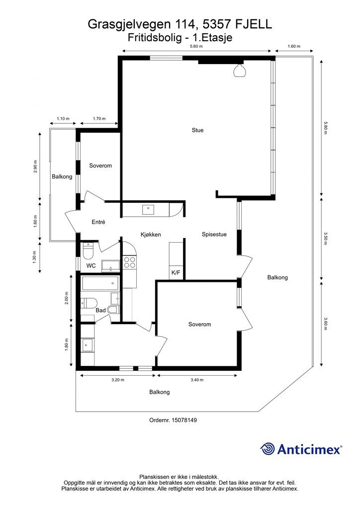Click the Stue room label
click(197, 130)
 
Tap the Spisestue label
click(214, 235)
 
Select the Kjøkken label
click(150, 235)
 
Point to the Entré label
click(98, 222)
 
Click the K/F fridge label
click(176, 273)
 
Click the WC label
click(91, 266)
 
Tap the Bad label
click(100, 310)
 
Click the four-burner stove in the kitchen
click(129, 262)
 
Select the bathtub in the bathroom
click(100, 285)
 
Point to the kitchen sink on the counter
click(148, 210)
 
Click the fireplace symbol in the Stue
click(240, 71)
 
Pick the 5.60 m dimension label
click(196, 46)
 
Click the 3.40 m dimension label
click(197, 380)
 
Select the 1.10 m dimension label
click(63, 119)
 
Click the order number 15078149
click(184, 420)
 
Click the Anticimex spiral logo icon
click(268, 449)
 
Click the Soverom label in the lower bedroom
click(199, 324)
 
